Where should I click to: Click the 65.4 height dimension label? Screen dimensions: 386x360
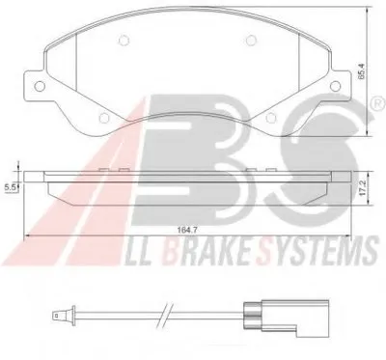pos(362,71)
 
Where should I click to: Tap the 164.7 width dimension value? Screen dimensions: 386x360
pos(187,230)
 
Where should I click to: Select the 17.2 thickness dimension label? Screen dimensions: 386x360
pos(363,188)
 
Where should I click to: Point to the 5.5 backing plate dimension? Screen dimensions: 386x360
pos(11,188)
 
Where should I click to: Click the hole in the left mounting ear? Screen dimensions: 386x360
pos(40,86)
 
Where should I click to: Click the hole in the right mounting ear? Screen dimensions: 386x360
pos(335,86)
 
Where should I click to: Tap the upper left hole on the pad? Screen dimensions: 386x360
pos(124,41)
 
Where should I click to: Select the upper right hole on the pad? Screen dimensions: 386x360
pos(251,41)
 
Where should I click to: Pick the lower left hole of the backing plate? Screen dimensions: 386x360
pos(104,118)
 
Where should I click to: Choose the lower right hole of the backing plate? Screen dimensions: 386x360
pos(271,118)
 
